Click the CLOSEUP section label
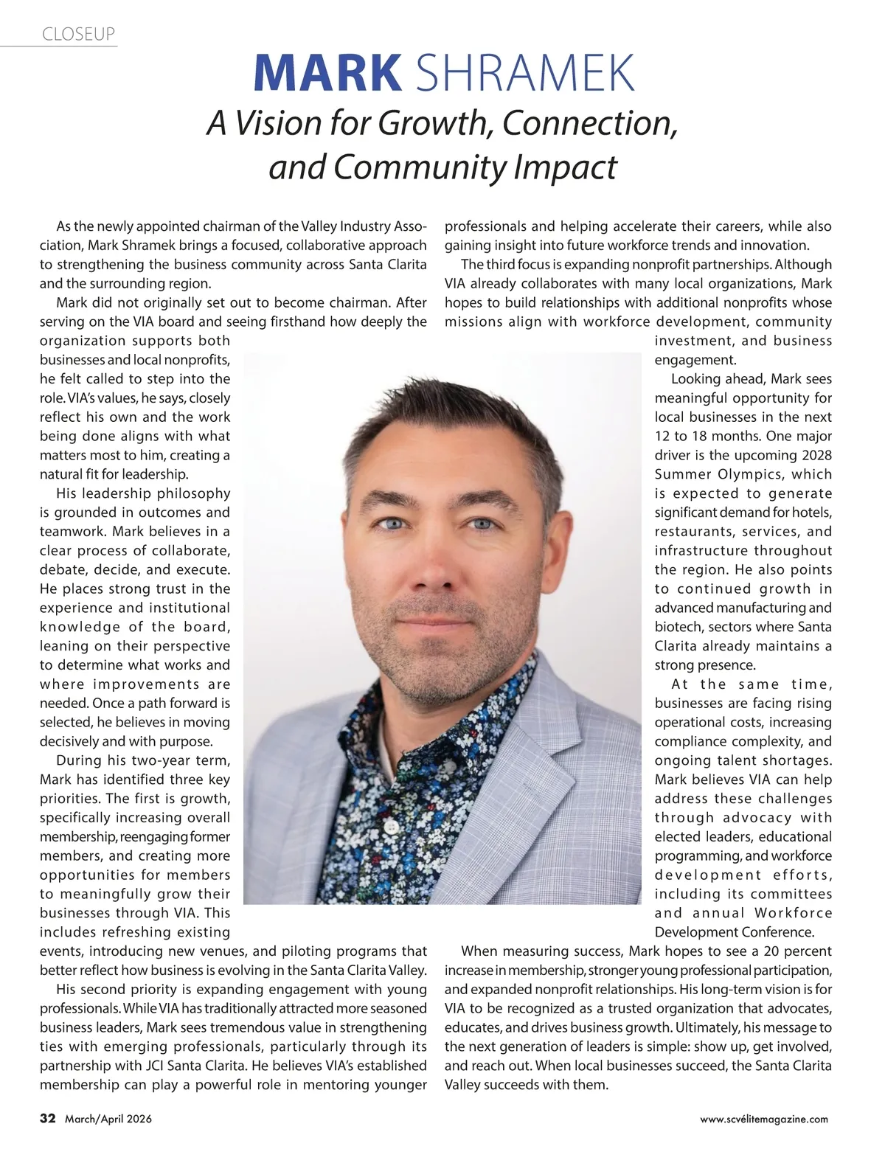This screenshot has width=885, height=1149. pyautogui.click(x=78, y=34)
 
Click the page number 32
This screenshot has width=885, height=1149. pyautogui.click(x=48, y=1119)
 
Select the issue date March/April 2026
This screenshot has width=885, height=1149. pyautogui.click(x=108, y=1120)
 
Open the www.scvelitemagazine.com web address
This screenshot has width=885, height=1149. pyautogui.click(x=764, y=1120)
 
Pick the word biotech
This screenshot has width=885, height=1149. pyautogui.click(x=676, y=627)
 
